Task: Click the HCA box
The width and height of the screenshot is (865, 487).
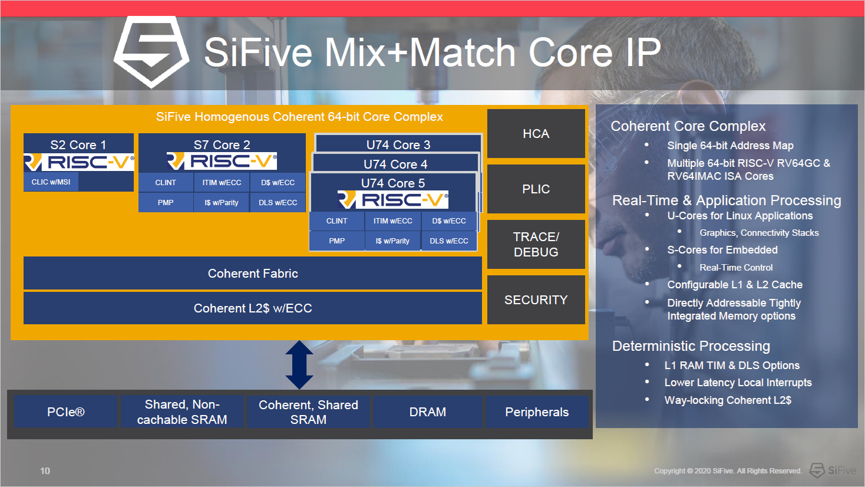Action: [x=536, y=134]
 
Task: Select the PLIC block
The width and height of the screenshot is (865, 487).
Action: [x=536, y=189]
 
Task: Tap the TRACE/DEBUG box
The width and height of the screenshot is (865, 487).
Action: [x=536, y=244]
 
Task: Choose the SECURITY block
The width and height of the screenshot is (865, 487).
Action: [x=536, y=300]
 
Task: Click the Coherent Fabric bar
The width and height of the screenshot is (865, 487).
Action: [x=253, y=274]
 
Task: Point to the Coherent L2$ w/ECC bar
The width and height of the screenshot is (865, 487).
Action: [x=253, y=308]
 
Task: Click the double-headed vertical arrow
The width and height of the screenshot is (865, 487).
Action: [x=299, y=364]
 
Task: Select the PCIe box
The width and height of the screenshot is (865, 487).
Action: [x=65, y=412]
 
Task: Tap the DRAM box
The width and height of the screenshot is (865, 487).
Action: [x=428, y=412]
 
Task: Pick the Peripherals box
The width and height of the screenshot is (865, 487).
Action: [x=537, y=412]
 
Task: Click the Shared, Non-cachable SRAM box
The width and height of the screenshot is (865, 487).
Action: [x=182, y=412]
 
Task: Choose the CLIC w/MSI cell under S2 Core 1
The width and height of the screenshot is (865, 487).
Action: [x=51, y=182]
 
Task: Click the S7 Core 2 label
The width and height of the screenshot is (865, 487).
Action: [x=222, y=144]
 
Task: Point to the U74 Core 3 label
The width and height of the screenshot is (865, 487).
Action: [x=398, y=144]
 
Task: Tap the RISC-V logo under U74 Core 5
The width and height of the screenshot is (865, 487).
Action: [x=393, y=200]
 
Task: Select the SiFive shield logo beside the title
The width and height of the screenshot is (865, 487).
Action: [x=151, y=52]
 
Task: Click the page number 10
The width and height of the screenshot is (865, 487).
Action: [x=45, y=470]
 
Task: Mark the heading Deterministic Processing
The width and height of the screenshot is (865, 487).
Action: [x=691, y=346]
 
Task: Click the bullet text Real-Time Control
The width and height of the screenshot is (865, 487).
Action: [x=736, y=268]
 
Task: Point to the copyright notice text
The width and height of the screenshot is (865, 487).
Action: [x=728, y=470]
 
